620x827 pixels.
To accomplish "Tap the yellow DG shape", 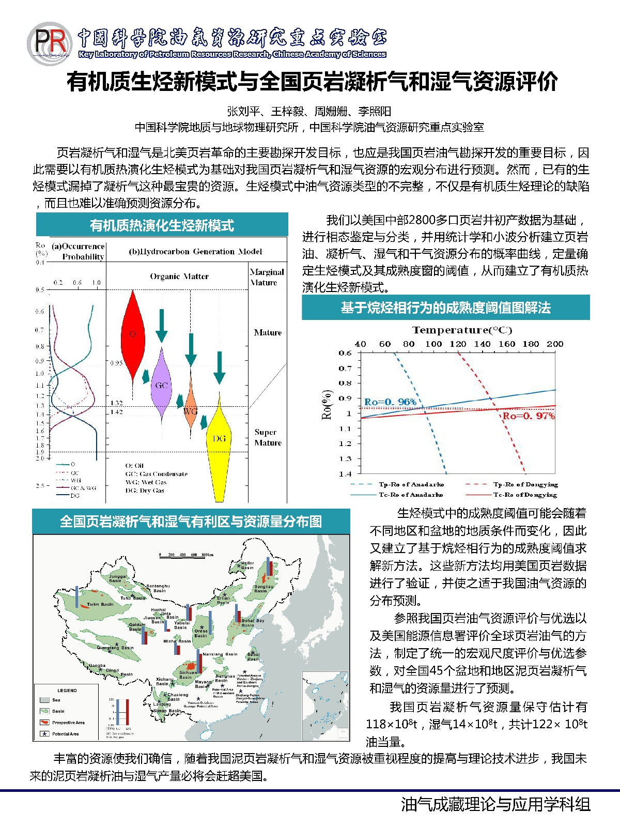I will (219, 445).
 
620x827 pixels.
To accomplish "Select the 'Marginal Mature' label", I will (267, 277).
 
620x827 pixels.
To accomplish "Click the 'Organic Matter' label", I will (179, 277).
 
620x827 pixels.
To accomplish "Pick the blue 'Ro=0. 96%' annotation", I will (390, 402).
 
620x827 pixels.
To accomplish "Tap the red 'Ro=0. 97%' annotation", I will (529, 416).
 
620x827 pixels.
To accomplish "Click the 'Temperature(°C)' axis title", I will (462, 330).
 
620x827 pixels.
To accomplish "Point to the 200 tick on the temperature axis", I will (555, 344).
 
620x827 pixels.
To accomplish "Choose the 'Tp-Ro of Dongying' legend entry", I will (525, 484).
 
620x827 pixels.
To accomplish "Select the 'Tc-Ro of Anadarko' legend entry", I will (411, 495).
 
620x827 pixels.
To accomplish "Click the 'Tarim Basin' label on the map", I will (100, 604).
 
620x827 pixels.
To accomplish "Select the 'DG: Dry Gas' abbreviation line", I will (145, 491).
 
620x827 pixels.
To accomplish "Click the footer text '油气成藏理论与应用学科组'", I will (495, 804).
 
